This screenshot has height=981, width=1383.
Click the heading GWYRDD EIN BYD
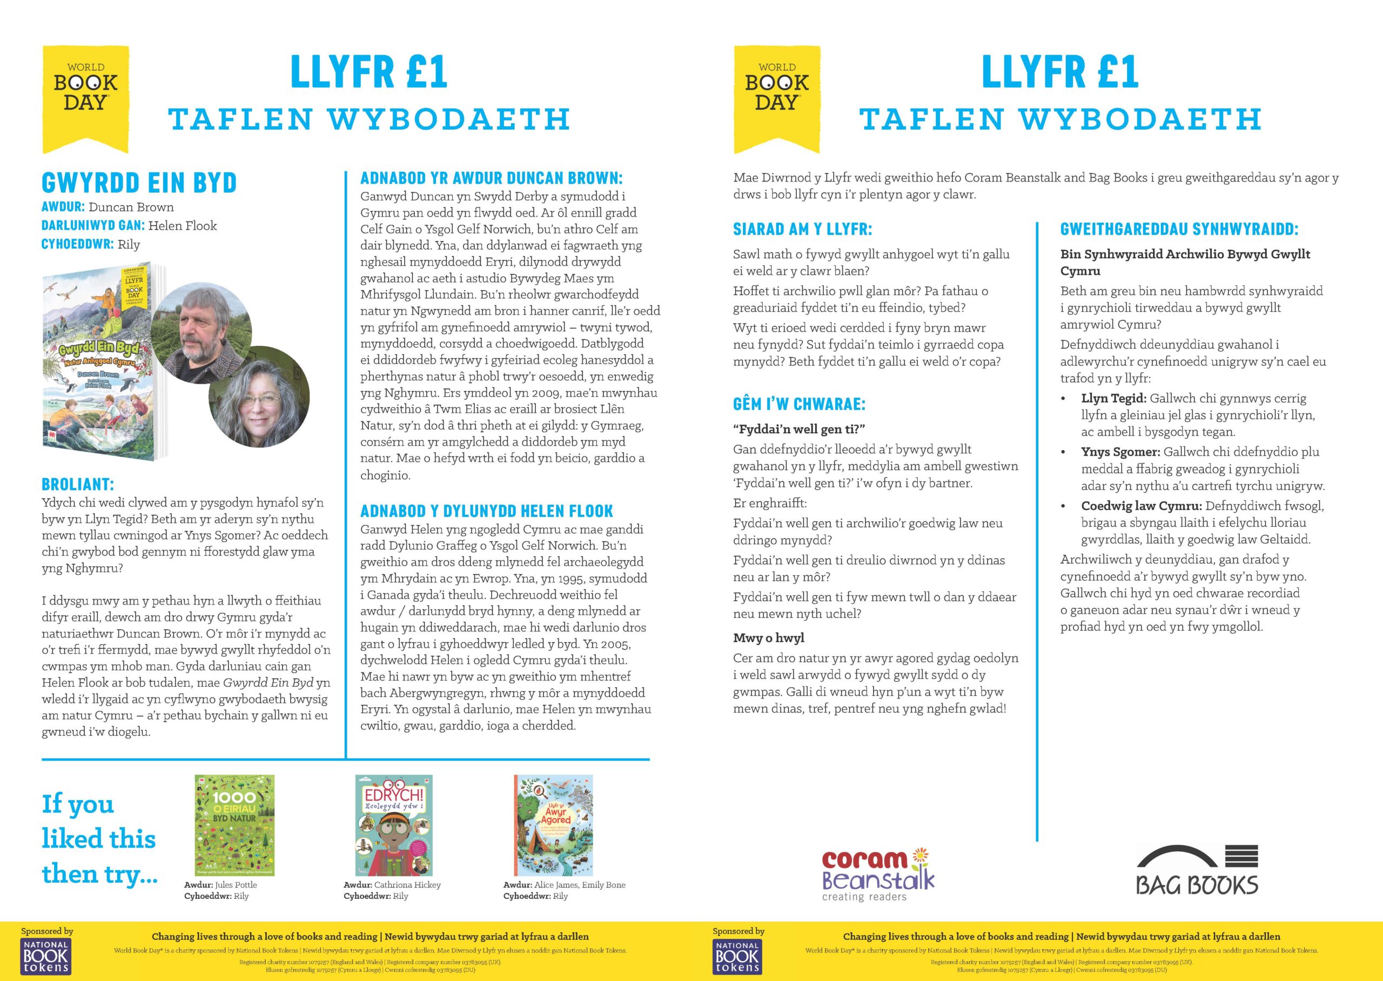(x=139, y=183)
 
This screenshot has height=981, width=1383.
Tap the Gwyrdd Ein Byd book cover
(x=99, y=362)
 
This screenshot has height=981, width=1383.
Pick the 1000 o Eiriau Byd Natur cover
(x=234, y=824)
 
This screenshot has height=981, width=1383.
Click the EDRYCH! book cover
(x=394, y=825)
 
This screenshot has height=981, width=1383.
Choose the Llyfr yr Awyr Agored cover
(x=553, y=825)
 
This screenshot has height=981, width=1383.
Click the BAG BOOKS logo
(x=1197, y=870)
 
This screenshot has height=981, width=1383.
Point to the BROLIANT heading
(x=77, y=485)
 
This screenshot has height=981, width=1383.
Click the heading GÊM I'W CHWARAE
(x=799, y=404)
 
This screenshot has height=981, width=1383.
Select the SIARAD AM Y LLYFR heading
(x=802, y=230)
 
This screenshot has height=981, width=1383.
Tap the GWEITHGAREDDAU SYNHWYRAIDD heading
(x=1179, y=230)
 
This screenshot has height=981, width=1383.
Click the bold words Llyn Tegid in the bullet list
(x=1113, y=399)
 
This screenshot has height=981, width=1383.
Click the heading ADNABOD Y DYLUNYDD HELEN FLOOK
(x=486, y=511)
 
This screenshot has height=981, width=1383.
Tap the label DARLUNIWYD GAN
(x=92, y=225)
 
